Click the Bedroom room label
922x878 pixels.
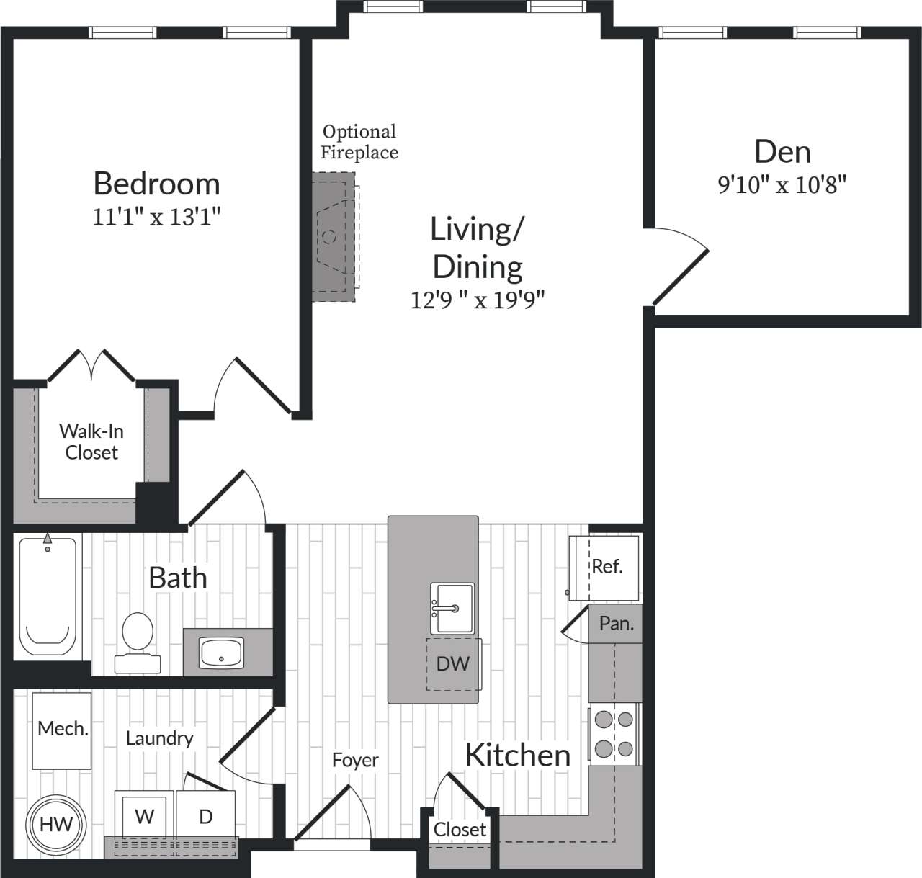pos(156,184)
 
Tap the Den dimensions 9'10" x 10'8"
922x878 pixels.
pos(782,185)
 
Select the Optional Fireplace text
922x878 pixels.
pos(359,142)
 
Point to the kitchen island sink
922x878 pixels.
pos(453,609)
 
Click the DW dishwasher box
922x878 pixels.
pos(452,663)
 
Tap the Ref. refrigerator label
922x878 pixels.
pos(607,567)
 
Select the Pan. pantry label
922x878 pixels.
pos(617,623)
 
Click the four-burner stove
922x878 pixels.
pos(614,735)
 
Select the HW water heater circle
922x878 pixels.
pos(55,824)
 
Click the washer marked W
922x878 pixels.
pos(145,816)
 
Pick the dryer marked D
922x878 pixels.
pos(206,816)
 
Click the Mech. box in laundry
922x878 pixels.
pos(63,729)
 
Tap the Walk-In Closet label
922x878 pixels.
pos(91,442)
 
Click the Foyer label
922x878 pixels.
pos(355,760)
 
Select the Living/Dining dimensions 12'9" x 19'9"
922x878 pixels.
pos(477,299)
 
